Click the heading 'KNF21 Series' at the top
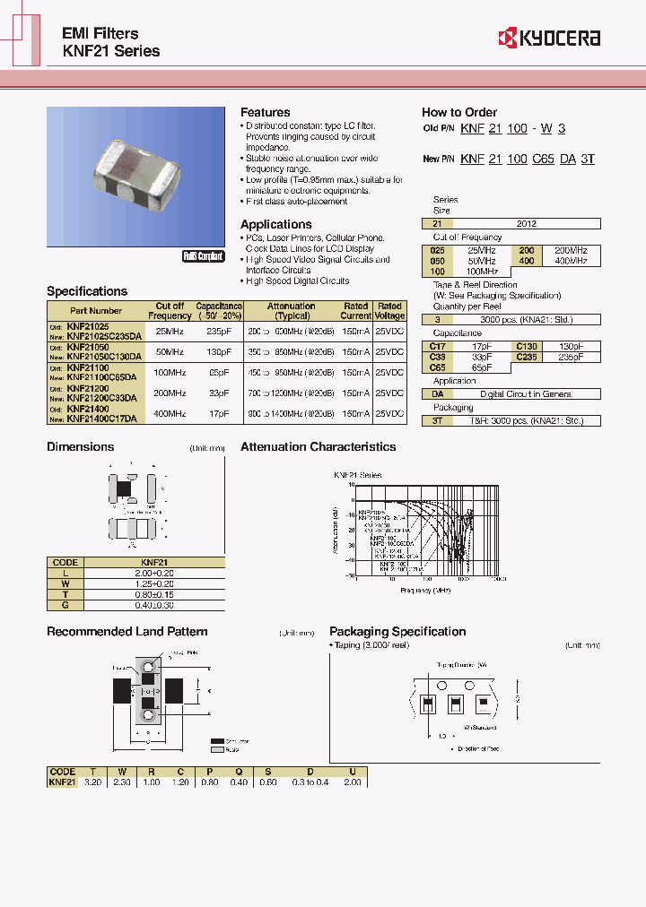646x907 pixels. click(x=110, y=51)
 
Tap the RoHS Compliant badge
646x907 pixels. click(x=203, y=256)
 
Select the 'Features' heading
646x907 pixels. click(x=265, y=112)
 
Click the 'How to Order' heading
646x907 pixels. click(x=458, y=112)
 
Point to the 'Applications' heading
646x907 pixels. click(x=275, y=224)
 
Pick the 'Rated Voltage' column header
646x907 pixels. click(x=389, y=311)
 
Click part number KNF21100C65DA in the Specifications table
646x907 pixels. click(x=101, y=378)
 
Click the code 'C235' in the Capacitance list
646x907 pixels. click(x=526, y=357)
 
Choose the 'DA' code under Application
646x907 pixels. click(x=438, y=393)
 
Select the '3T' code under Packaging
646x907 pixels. click(x=438, y=419)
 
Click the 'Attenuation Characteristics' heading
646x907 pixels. click(x=318, y=446)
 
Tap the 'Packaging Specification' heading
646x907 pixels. click(x=397, y=631)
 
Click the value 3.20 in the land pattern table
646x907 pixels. click(x=92, y=782)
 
